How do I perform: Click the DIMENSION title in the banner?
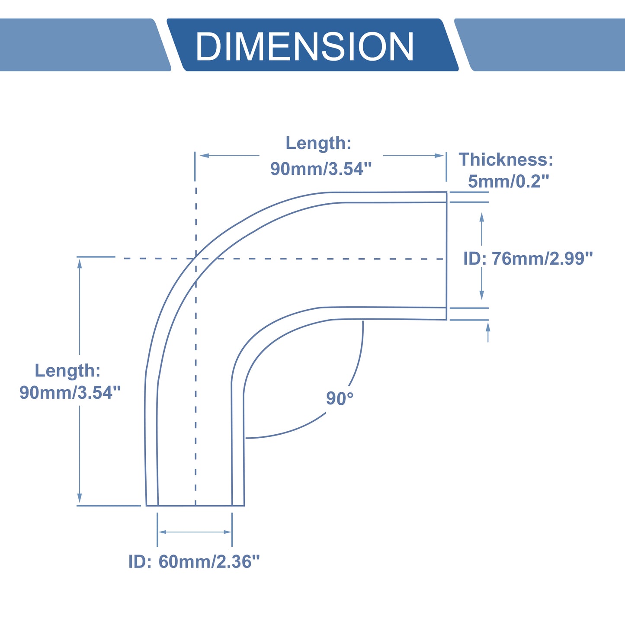point(304,46)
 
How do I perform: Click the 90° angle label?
point(340,398)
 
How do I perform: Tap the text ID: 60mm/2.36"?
point(194,561)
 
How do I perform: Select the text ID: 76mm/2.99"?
point(528,259)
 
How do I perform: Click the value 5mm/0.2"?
point(508,181)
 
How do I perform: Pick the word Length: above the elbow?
point(318,143)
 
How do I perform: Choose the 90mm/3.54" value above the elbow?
point(321,169)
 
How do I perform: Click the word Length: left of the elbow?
point(67,370)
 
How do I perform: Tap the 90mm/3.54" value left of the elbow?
point(70,392)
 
